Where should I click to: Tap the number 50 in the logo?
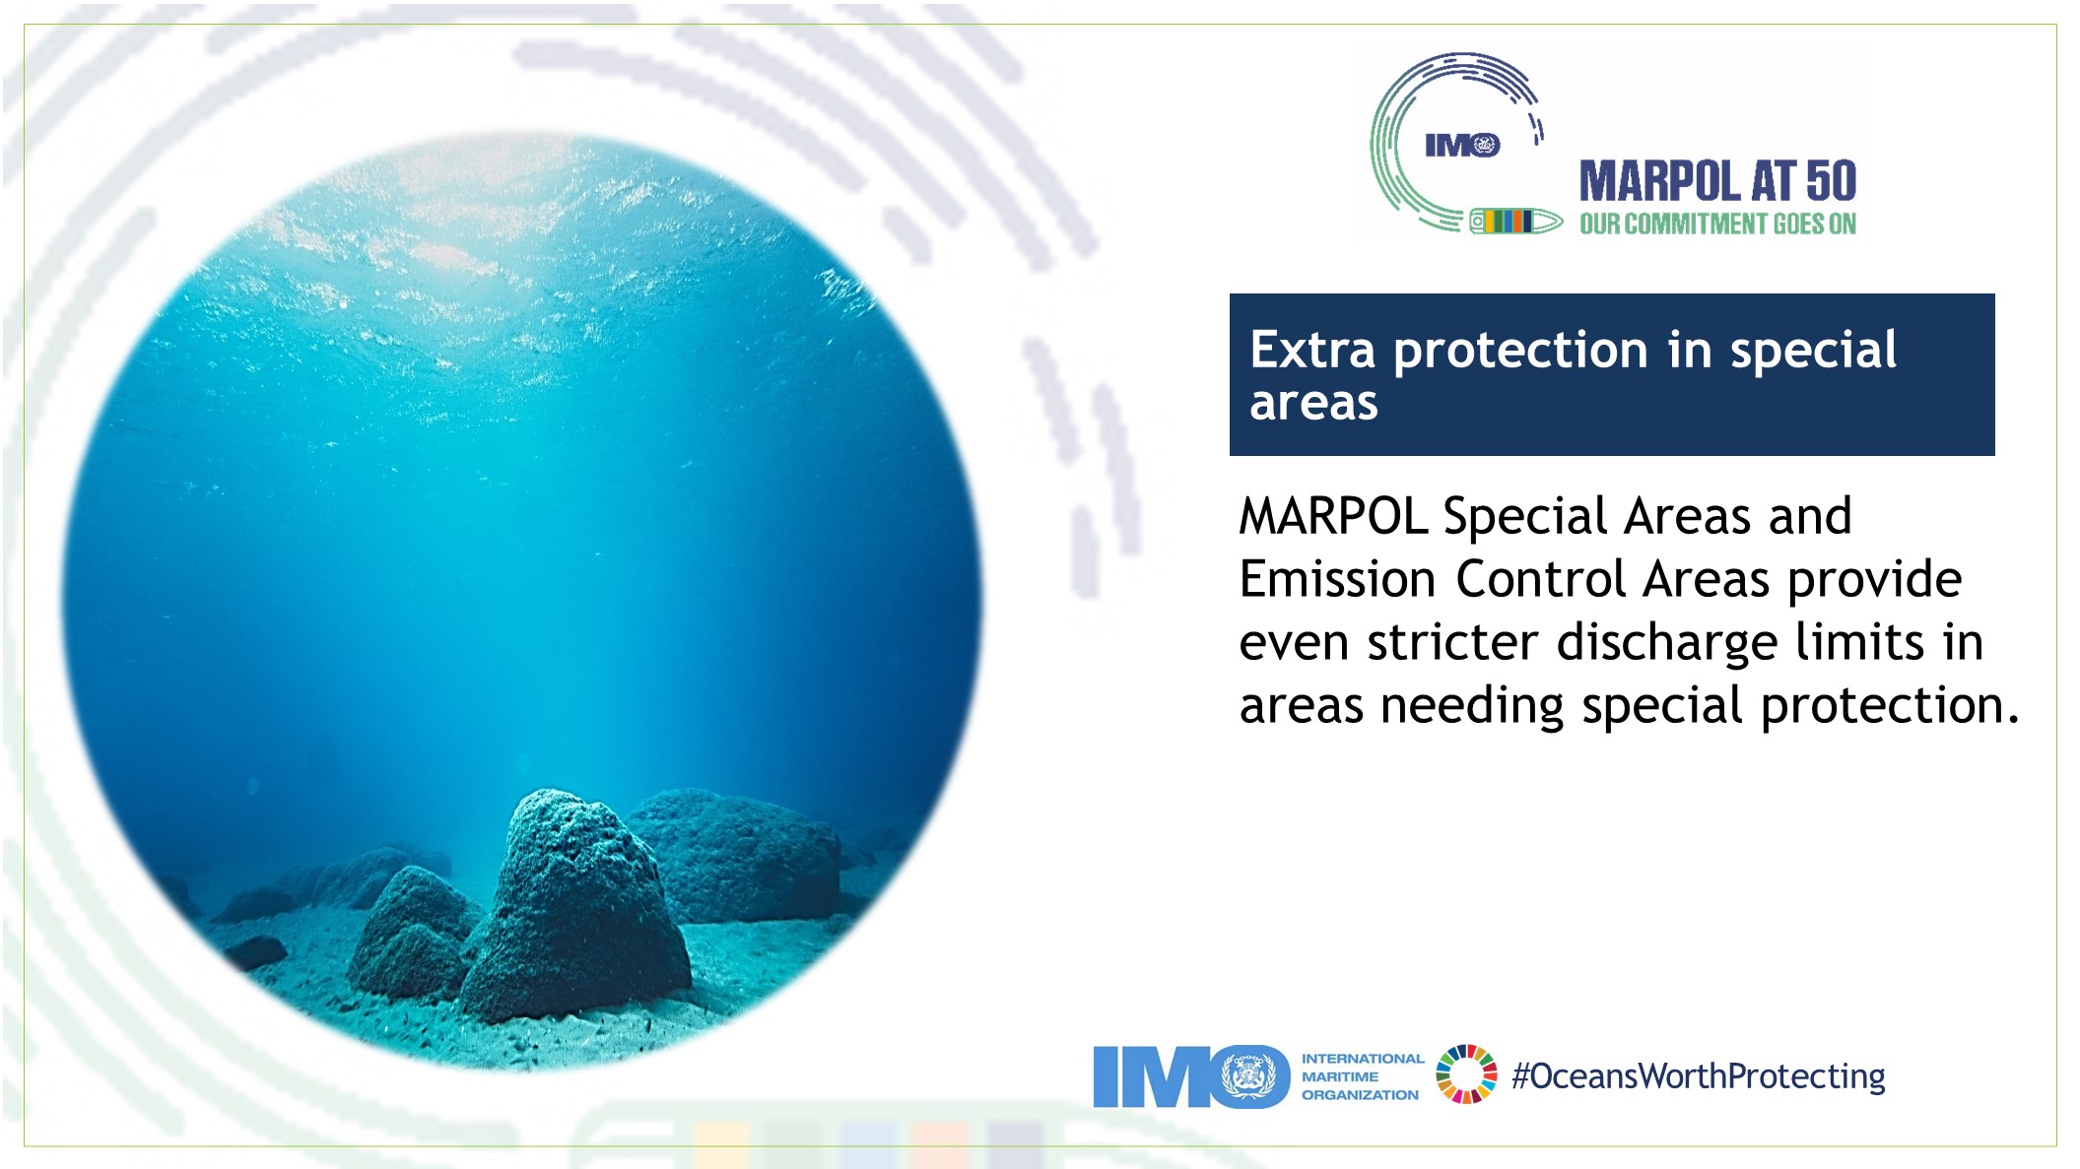click(1832, 181)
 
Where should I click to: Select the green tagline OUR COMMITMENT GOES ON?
click(1717, 225)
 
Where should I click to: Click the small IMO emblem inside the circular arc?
click(1462, 146)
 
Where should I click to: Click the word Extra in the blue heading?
click(1311, 350)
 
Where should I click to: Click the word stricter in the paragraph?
click(1452, 642)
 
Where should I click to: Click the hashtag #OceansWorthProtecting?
click(1699, 1076)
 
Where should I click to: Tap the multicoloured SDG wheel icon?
click(1466, 1074)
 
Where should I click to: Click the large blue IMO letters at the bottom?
click(1191, 1076)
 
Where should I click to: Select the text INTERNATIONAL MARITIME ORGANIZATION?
click(1362, 1076)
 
